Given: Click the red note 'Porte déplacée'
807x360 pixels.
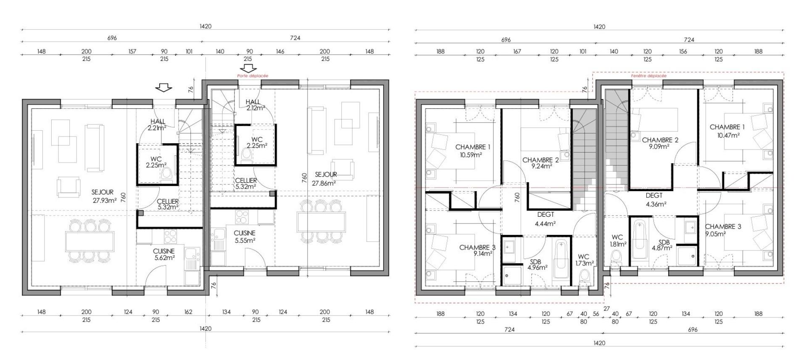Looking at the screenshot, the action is coord(253,76).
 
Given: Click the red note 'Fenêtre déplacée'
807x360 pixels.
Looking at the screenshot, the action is coord(649,76).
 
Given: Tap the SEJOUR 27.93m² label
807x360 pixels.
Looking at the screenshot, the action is coord(104,196).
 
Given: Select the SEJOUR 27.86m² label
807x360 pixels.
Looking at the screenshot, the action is coord(324,179).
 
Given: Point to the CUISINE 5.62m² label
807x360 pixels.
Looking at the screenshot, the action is coord(164,255).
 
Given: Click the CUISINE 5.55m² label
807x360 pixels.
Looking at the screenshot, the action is coord(245,236).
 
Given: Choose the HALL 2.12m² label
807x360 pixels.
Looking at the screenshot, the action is coord(255,105).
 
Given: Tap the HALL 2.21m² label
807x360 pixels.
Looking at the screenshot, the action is coord(158,125).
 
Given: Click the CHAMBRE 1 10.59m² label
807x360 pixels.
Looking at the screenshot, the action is coord(473,150).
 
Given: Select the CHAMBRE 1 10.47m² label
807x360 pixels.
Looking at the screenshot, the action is coord(727,131).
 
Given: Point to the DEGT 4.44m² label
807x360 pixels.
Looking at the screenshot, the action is coord(546,219).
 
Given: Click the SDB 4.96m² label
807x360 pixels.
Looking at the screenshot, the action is coord(537,264).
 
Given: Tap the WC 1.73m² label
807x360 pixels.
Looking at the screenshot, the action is coord(584,260).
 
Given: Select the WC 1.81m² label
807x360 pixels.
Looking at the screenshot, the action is coord(618,240).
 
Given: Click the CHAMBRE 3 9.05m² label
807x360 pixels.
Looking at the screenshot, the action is coord(723,230).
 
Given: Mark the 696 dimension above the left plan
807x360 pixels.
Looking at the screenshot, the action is coord(112,38).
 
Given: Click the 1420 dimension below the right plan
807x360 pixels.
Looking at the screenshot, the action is coord(599,343).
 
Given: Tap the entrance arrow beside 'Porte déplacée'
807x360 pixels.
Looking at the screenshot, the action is coord(249,68).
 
